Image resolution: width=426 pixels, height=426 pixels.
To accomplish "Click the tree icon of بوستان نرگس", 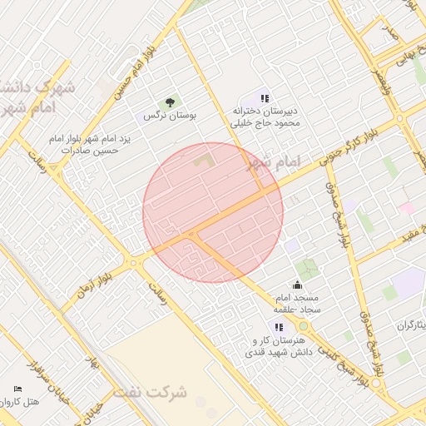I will (170, 102).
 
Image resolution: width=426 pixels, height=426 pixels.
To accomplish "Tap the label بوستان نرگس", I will (170, 116).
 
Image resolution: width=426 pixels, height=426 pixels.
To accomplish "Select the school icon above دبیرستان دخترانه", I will (265, 98).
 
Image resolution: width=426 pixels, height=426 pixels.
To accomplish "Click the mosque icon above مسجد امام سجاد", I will (297, 286).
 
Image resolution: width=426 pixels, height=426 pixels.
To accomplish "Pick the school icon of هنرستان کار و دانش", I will (279, 327).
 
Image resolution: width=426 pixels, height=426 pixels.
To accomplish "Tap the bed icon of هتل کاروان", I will (18, 389).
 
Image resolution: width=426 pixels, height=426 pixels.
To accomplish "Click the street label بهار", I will (93, 364).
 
